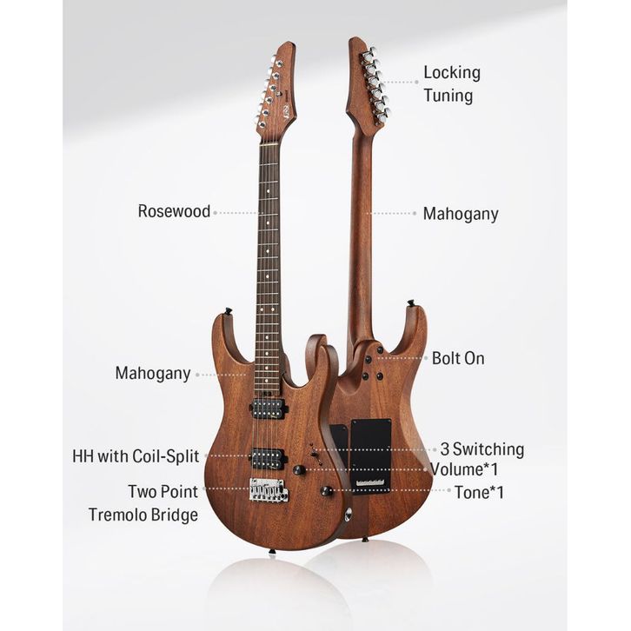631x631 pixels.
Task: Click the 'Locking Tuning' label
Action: pyautogui.click(x=451, y=83)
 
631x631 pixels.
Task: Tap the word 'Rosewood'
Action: pyautogui.click(x=174, y=211)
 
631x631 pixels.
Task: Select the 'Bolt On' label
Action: pyautogui.click(x=458, y=358)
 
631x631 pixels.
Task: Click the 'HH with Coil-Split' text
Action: pyautogui.click(x=136, y=456)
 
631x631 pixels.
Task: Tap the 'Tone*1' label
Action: pyautogui.click(x=479, y=492)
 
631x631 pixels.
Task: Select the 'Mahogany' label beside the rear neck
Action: pyautogui.click(x=461, y=214)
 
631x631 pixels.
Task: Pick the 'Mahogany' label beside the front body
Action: pyautogui.click(x=153, y=373)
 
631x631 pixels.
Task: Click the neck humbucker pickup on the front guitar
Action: pyautogui.click(x=269, y=407)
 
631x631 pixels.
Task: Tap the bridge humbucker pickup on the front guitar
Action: pyautogui.click(x=269, y=458)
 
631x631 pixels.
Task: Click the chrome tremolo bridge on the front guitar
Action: pyautogui.click(x=269, y=490)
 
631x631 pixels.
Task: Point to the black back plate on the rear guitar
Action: pyautogui.click(x=370, y=455)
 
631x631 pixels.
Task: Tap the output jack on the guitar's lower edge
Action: pyautogui.click(x=349, y=515)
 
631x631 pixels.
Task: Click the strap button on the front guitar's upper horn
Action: pyautogui.click(x=229, y=311)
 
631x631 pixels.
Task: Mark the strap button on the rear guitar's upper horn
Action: pyautogui.click(x=408, y=303)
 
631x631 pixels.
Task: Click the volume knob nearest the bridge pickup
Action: pyautogui.click(x=299, y=469)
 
